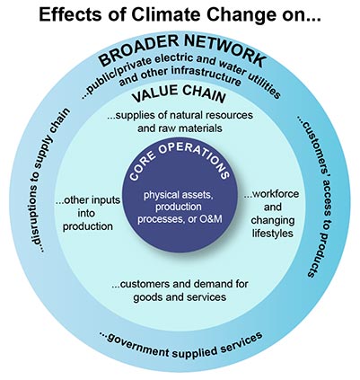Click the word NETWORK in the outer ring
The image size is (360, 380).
(x=224, y=50)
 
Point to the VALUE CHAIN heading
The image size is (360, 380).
(x=179, y=94)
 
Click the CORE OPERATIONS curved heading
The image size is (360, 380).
(x=180, y=161)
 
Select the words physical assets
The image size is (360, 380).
(x=178, y=195)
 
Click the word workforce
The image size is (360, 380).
(x=272, y=194)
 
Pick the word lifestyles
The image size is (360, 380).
(x=272, y=233)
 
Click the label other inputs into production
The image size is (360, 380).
(x=88, y=213)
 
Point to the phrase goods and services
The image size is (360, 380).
(x=180, y=297)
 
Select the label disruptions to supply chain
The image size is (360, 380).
(x=48, y=181)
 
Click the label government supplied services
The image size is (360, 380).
(x=180, y=344)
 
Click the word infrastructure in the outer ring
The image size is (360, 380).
(x=206, y=75)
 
